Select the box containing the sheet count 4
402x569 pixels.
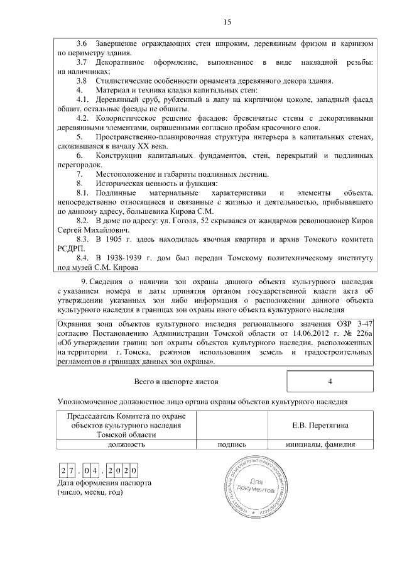[x=330, y=382]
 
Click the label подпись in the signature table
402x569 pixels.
[x=231, y=444]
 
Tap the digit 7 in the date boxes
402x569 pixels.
[x=73, y=470]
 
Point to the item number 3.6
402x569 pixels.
[x=82, y=43]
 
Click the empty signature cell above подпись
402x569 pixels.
[x=231, y=426]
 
